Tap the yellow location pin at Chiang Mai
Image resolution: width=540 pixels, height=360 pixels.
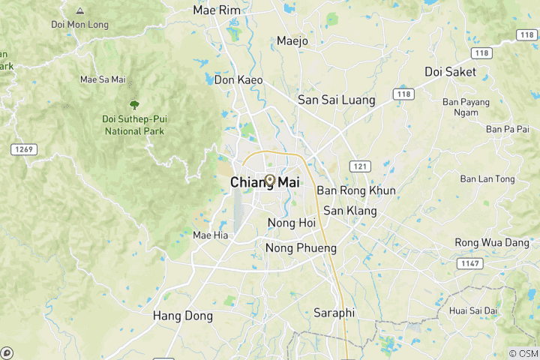pyautogui.click(x=270, y=180)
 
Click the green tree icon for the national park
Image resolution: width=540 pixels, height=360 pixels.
pyautogui.click(x=134, y=104)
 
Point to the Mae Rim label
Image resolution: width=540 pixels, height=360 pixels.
pyautogui.click(x=215, y=10)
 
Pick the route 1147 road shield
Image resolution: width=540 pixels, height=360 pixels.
pyautogui.click(x=471, y=263)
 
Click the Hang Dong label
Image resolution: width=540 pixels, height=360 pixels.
pyautogui.click(x=183, y=316)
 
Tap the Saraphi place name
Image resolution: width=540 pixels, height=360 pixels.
pyautogui.click(x=334, y=313)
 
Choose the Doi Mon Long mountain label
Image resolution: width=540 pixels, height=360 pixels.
pyautogui.click(x=79, y=25)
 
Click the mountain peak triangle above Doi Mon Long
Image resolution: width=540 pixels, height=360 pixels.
pyautogui.click(x=80, y=11)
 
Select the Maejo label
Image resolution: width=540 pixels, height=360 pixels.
pyautogui.click(x=292, y=41)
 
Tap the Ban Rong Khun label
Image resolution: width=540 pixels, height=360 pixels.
pyautogui.click(x=355, y=190)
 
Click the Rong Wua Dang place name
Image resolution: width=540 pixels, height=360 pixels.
pyautogui.click(x=492, y=242)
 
